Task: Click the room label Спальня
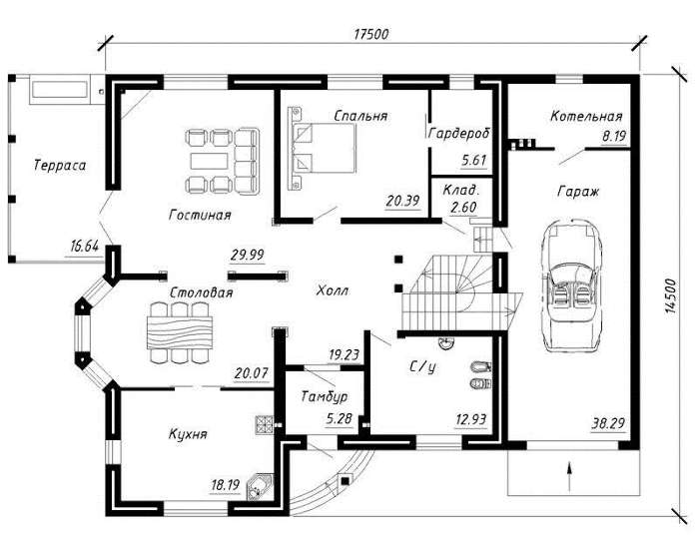360,116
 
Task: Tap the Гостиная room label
200,215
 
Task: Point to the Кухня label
188,435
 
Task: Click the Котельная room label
586,117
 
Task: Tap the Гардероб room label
458,133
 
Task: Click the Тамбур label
324,396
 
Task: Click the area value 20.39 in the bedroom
402,201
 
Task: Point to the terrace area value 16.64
84,244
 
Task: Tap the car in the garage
571,283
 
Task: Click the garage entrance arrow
568,468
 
